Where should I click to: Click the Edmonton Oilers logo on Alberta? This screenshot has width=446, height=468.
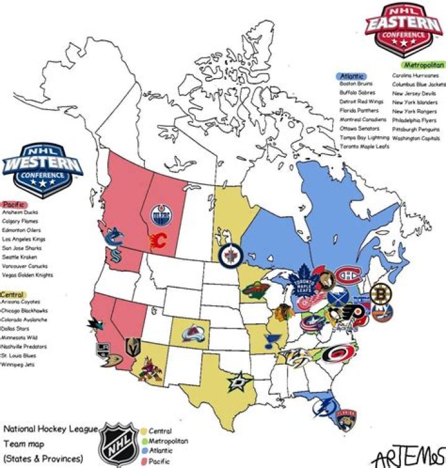pos(160,217)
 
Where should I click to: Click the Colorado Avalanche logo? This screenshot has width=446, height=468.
pos(193,336)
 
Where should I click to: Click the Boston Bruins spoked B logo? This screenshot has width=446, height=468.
pos(380,293)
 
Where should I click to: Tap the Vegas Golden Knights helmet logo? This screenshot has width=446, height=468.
pos(132,347)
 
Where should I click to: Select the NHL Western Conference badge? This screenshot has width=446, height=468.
pos(42,170)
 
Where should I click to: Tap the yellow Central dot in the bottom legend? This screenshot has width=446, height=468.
pos(144,431)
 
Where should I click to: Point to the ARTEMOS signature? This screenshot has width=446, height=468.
pos(408,456)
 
